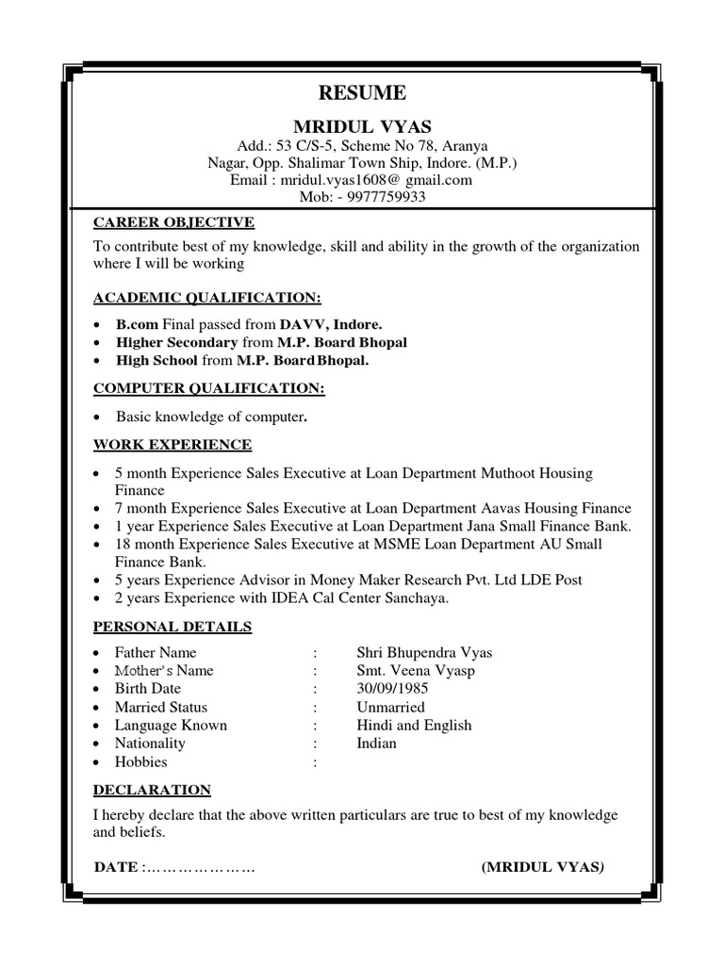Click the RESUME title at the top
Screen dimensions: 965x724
[x=362, y=92]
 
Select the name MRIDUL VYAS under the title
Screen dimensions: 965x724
[x=362, y=126]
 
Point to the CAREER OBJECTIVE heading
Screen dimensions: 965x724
[x=173, y=222]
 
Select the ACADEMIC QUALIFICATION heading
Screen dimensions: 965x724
[x=206, y=298]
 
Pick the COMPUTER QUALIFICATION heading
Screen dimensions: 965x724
[x=208, y=388]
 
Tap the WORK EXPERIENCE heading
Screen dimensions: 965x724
[x=172, y=444]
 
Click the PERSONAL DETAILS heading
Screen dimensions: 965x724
[x=172, y=626]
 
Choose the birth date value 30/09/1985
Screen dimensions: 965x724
[x=392, y=689]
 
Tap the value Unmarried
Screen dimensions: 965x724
[x=390, y=707]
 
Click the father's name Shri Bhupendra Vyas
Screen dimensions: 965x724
[x=424, y=652]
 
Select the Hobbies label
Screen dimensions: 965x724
[x=140, y=761]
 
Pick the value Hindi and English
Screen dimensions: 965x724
[x=414, y=725]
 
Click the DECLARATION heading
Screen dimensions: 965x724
[x=152, y=790]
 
